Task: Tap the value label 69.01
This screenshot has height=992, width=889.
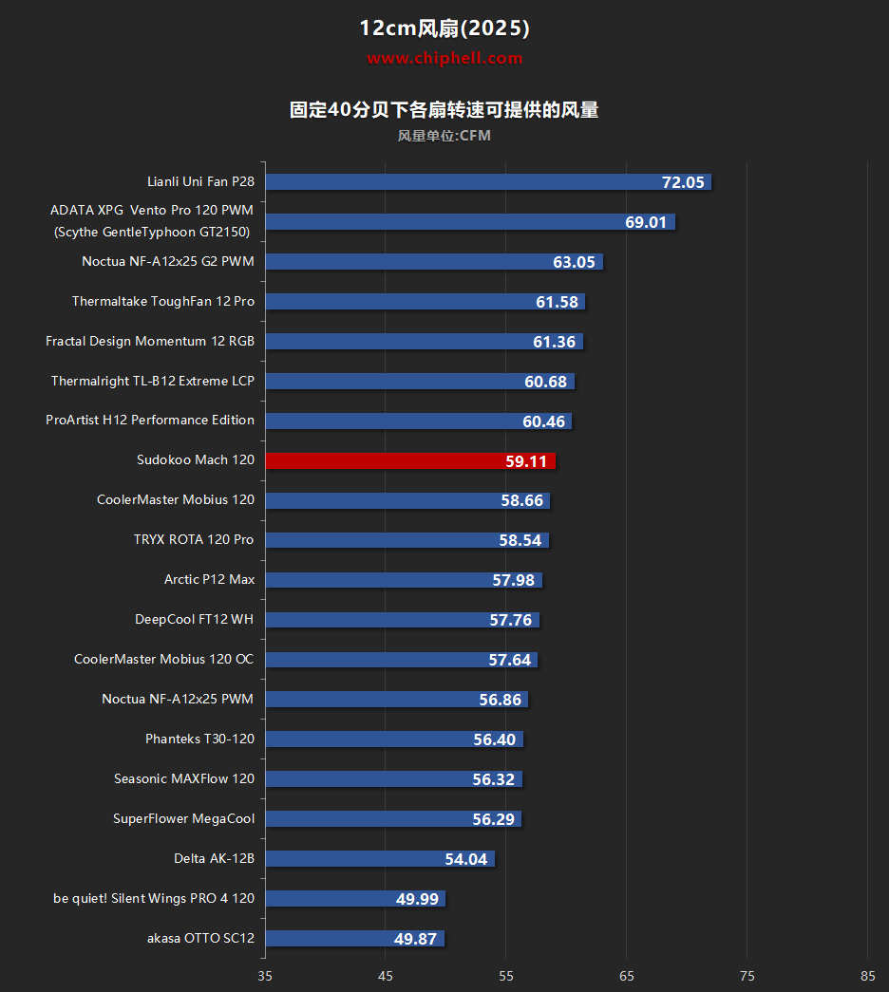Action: [649, 222]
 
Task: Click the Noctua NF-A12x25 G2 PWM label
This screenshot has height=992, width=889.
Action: [168, 261]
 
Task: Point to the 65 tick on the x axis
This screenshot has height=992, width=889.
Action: [626, 975]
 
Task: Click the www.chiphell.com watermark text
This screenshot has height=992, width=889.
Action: [444, 58]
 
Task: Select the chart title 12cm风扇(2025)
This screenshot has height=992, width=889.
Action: [444, 28]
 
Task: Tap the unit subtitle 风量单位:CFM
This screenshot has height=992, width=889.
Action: [444, 136]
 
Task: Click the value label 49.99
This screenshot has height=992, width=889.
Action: [418, 899]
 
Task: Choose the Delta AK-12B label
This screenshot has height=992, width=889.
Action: [214, 858]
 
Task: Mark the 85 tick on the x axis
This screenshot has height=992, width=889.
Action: [867, 975]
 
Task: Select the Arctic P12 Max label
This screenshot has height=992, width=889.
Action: [209, 579]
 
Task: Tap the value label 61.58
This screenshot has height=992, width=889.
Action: [557, 302]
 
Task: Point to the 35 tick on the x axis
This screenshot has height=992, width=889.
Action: [265, 975]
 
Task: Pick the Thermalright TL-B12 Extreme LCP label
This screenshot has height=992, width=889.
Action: [153, 381]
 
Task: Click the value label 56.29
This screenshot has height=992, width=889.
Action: [493, 819]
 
